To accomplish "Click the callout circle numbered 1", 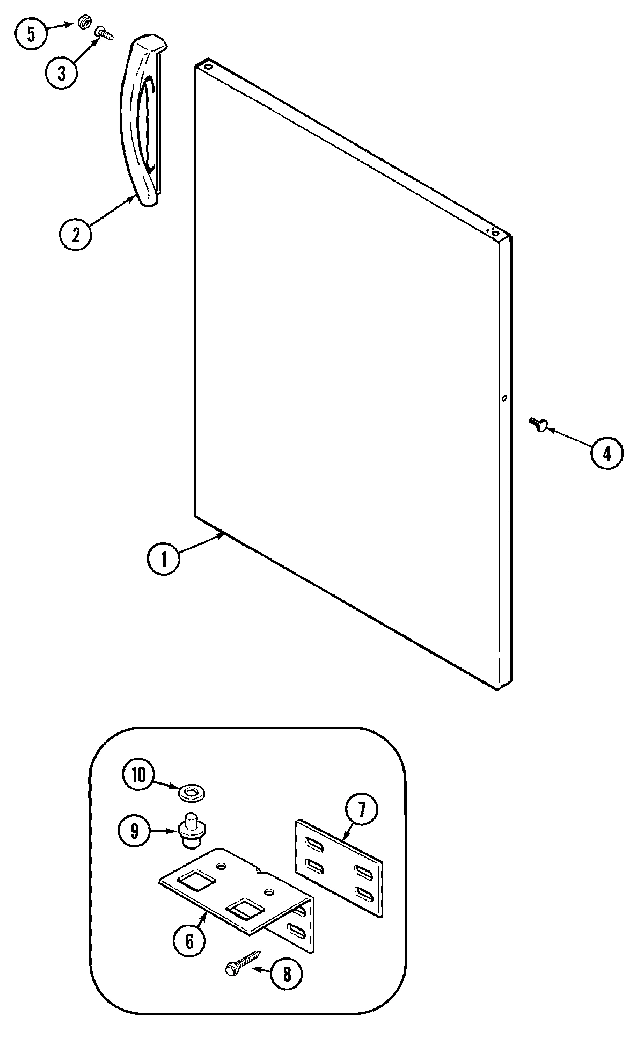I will click(x=164, y=558).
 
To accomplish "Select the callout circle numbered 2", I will click(x=75, y=235).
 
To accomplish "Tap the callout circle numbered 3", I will click(x=62, y=72).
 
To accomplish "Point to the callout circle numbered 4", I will click(x=606, y=454).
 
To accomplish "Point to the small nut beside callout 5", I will click(x=83, y=23).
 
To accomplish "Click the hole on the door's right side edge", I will click(x=504, y=398).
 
